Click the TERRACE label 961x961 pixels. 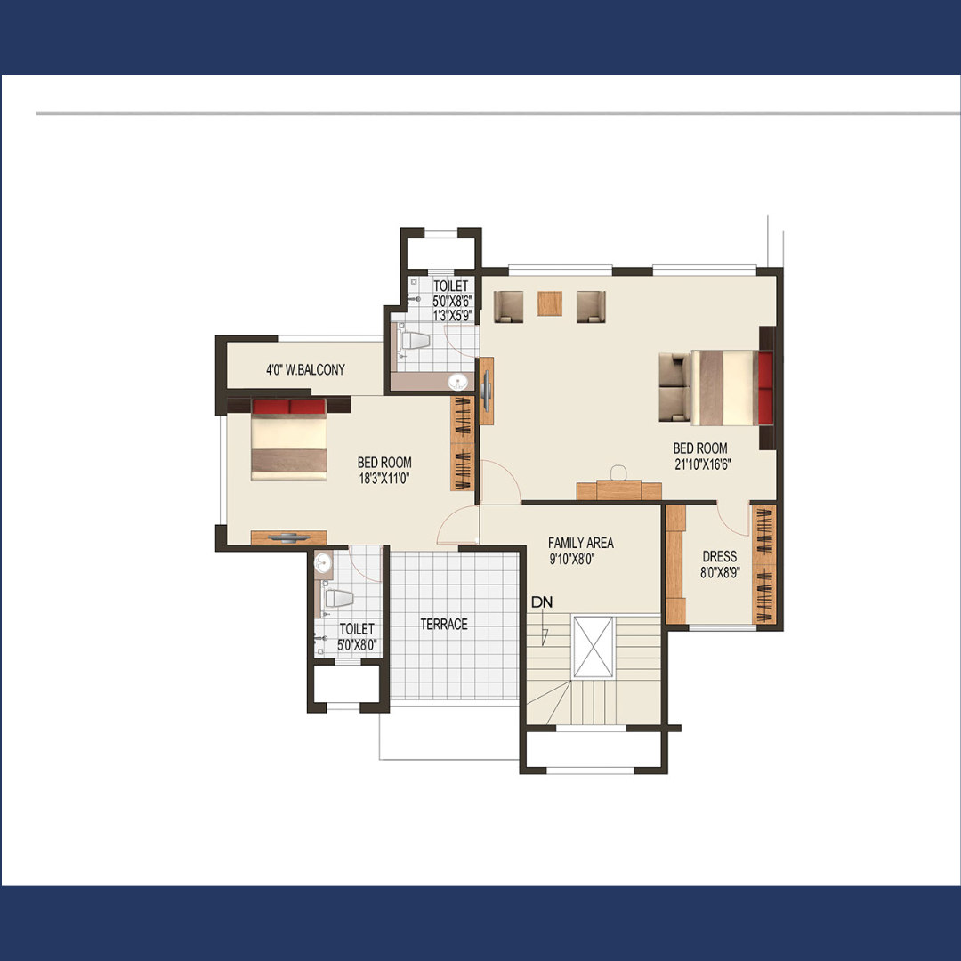click(444, 624)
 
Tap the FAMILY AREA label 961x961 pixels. click(580, 543)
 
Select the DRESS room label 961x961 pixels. click(720, 556)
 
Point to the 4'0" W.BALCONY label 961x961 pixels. click(305, 369)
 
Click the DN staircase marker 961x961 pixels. click(542, 602)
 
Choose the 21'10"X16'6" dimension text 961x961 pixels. click(702, 464)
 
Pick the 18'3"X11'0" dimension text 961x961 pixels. click(384, 478)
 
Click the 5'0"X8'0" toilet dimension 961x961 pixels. click(357, 645)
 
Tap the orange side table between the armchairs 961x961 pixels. click(550, 303)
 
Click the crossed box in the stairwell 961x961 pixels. click(593, 647)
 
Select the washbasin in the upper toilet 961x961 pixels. click(457, 383)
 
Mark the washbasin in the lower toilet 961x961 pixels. click(323, 562)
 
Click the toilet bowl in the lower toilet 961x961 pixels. click(338, 599)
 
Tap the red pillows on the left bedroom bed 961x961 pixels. click(288, 407)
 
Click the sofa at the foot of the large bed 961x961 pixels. click(674, 387)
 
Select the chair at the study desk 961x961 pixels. click(618, 472)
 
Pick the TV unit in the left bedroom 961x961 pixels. click(288, 537)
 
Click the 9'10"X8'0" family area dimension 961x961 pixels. click(572, 559)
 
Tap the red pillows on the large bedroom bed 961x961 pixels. click(765, 387)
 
